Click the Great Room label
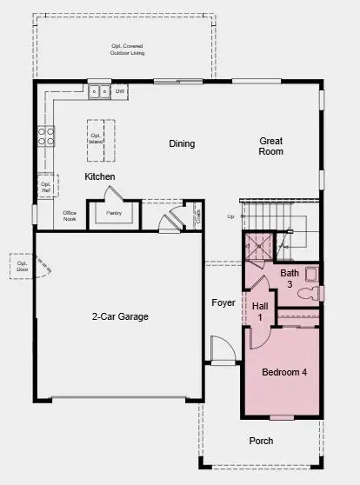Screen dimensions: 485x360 point(272,145)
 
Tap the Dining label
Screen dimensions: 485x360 point(182,143)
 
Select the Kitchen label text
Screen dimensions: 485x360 point(99,176)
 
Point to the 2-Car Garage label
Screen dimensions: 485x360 point(120,316)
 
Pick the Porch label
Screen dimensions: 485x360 point(262,440)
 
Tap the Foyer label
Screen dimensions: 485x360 point(223,302)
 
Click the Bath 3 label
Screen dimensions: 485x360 point(289,278)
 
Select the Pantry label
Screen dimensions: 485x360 point(114,212)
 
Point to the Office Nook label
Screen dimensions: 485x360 point(71,216)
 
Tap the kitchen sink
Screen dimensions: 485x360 point(103,90)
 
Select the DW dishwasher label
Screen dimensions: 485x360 point(121,90)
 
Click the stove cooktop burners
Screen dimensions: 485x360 point(45,136)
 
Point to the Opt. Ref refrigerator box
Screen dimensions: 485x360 point(46,185)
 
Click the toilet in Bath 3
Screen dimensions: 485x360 point(307,294)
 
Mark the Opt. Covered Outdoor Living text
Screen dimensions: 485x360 point(127,50)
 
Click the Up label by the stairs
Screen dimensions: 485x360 point(230,216)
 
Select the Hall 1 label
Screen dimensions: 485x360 point(258,311)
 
